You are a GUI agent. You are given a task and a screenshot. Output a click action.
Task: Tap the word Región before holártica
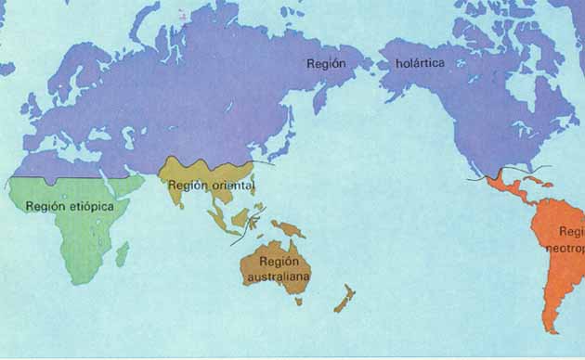pos(326,63)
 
